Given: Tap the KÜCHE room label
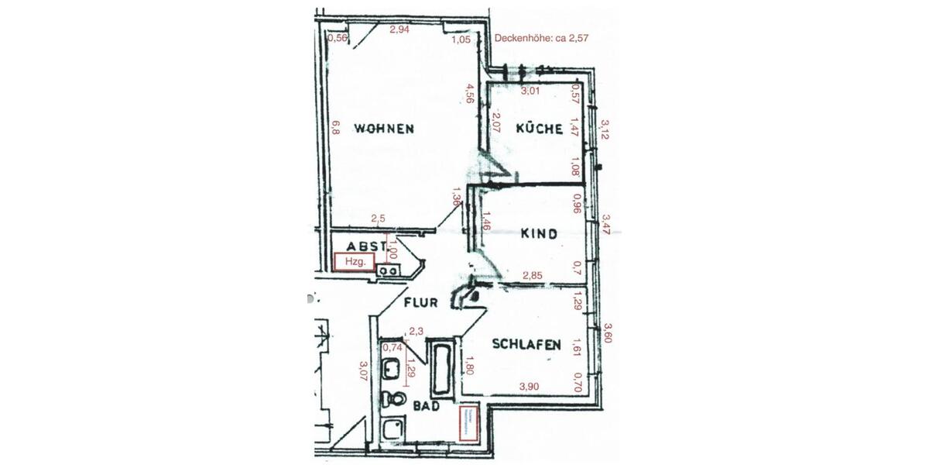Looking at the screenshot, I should (x=539, y=129).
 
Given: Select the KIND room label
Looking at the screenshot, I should (x=539, y=233).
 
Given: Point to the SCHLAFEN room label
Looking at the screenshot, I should (x=526, y=346).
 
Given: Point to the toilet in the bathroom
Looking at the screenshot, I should (x=398, y=399).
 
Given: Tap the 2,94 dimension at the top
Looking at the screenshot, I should (x=399, y=29).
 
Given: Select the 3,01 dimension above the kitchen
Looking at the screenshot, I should (x=530, y=91).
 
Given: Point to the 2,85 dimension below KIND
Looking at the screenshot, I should (x=532, y=275).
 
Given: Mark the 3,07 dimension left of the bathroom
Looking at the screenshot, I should (x=363, y=374).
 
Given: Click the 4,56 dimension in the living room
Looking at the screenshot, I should (x=469, y=93).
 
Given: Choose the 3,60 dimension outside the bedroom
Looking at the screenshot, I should (x=608, y=334).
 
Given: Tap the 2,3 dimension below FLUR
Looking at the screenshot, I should (x=416, y=331).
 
